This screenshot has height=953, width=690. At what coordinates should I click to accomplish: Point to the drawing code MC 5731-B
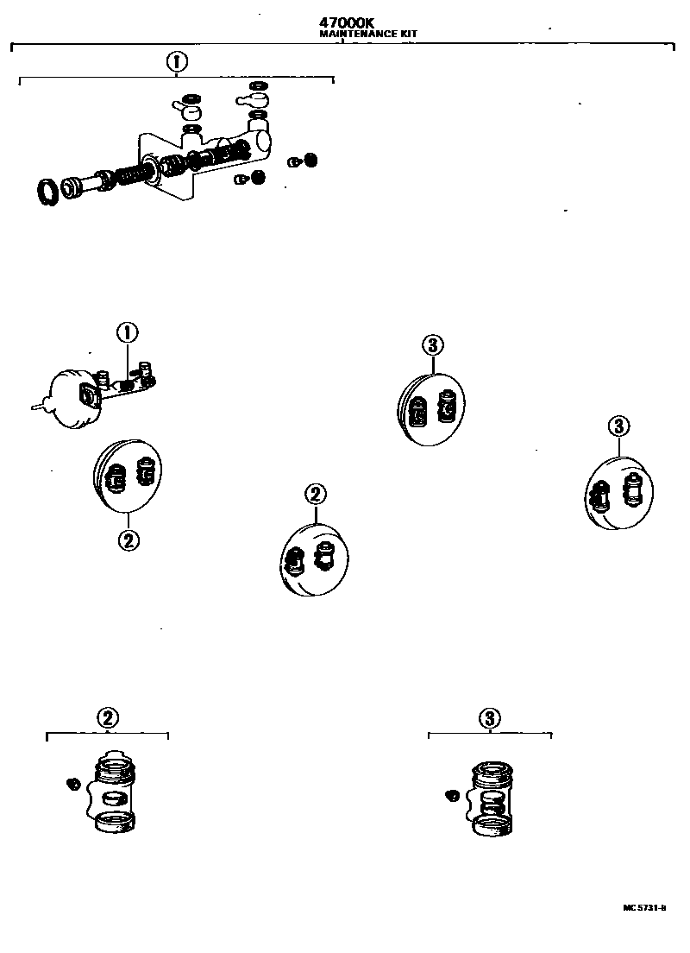[645, 907]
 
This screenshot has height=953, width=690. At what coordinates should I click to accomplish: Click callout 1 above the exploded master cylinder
[176, 62]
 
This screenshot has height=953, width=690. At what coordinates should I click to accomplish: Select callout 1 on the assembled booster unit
[127, 332]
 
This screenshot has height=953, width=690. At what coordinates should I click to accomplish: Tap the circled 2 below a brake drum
[128, 540]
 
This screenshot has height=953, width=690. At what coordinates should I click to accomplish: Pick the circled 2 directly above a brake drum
[315, 495]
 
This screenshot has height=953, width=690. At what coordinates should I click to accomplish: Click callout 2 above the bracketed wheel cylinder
[107, 718]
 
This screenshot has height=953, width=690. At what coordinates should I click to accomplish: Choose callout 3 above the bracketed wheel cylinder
[489, 718]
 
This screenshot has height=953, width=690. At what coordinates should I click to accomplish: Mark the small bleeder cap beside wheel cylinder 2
[73, 782]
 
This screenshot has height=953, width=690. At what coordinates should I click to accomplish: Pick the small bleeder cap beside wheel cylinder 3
[450, 794]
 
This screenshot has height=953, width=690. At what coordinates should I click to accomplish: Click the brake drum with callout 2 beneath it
[128, 476]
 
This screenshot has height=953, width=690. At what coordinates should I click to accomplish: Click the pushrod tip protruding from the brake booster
[37, 403]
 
